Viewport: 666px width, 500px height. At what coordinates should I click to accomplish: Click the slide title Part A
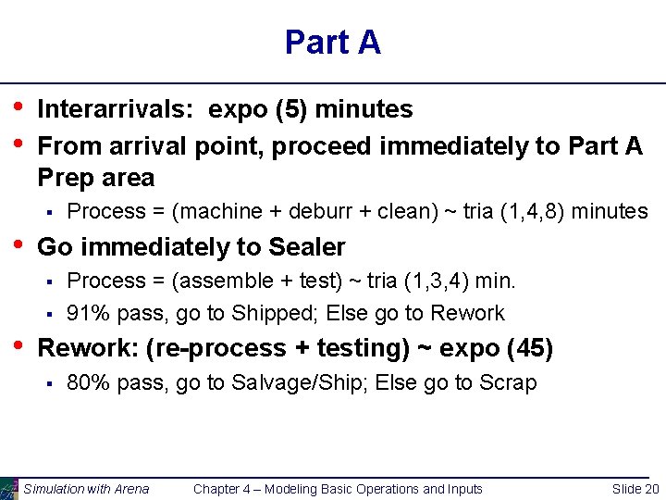click(x=332, y=43)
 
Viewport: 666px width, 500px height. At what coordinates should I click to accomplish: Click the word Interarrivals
click(x=116, y=109)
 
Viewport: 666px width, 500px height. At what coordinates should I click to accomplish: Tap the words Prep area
click(x=95, y=177)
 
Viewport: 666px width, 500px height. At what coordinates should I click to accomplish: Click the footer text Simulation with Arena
click(x=86, y=489)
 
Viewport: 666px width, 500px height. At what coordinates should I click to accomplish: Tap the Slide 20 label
click(x=635, y=489)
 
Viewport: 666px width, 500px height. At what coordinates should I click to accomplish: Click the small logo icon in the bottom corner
click(x=8, y=488)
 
